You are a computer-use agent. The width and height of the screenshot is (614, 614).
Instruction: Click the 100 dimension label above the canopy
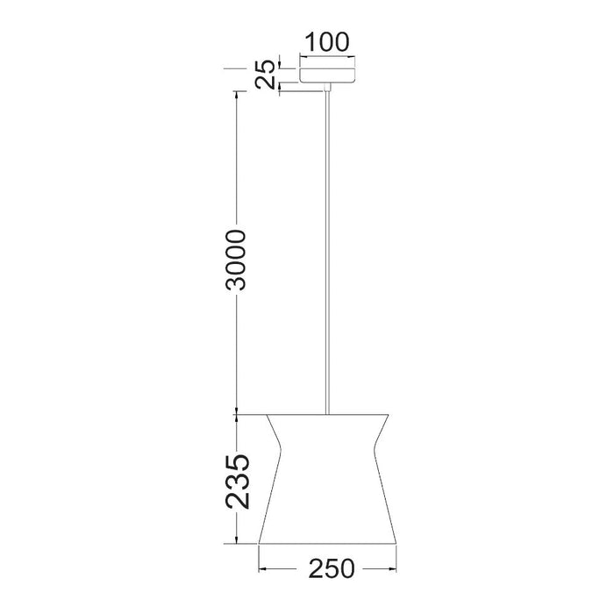pos(327,41)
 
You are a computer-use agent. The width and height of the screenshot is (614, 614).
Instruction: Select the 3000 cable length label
pos(237,261)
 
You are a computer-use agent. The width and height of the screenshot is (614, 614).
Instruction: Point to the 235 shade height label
pos(237,481)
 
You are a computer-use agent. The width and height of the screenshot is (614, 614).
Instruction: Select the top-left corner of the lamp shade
pos(267,412)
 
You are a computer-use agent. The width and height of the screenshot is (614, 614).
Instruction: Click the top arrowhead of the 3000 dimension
pos(237,90)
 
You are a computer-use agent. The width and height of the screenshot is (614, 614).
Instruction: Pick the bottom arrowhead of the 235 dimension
pos(237,540)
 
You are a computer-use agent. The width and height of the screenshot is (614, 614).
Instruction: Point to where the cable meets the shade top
pos(327,411)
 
